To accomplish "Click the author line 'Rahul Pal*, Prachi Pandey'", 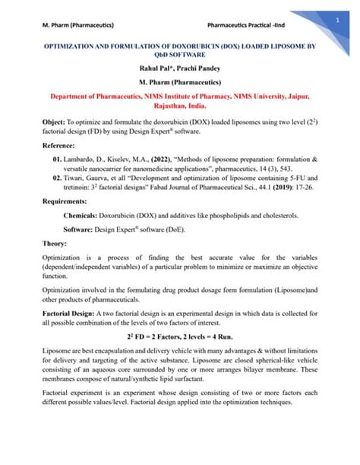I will coord(180,70).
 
